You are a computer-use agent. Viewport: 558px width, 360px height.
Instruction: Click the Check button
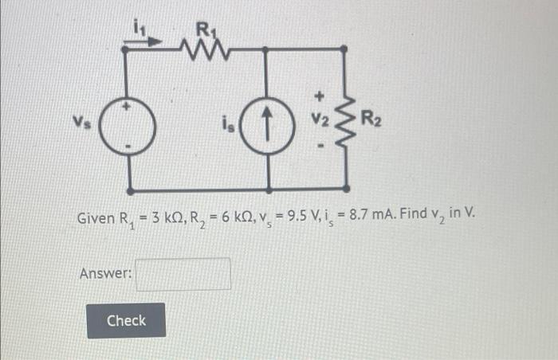[x=126, y=320]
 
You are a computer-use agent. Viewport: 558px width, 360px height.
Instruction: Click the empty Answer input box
[x=183, y=273]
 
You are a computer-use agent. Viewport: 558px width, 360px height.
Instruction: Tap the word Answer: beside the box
[x=105, y=273]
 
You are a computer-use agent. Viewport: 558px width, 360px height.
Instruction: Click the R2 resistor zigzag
[x=344, y=122]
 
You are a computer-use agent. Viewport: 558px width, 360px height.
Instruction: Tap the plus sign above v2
[x=320, y=97]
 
